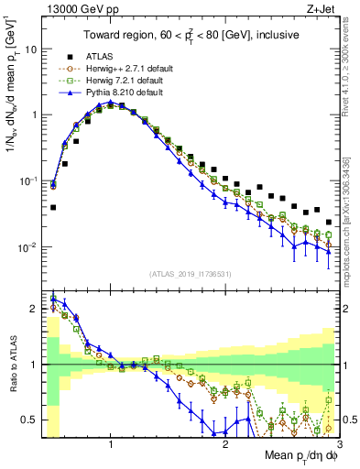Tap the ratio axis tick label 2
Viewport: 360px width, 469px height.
pos(34,309)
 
